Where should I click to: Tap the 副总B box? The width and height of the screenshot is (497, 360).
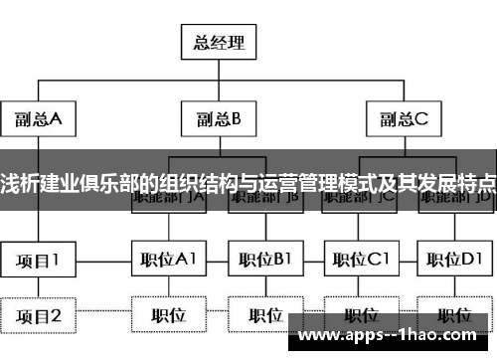[x=217, y=119]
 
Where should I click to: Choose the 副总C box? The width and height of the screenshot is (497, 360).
[x=403, y=119]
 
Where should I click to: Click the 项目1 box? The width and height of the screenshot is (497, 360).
[x=38, y=260]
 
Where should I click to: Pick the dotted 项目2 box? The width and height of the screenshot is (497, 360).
[x=38, y=315]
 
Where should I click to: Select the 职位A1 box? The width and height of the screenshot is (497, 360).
[x=168, y=260]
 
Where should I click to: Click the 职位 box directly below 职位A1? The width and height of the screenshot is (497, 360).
[x=168, y=315]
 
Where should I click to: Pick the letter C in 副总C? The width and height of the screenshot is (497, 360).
[x=419, y=119]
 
